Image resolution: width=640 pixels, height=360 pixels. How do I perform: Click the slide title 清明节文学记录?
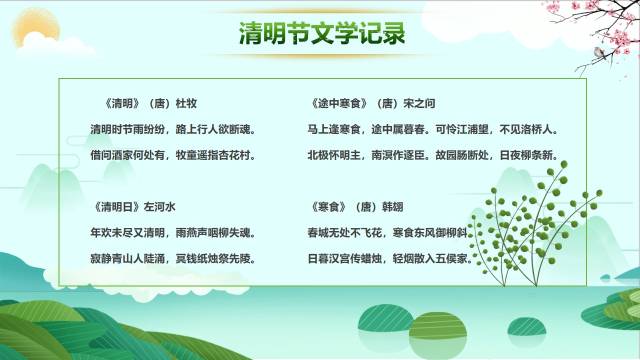(x=322, y=33)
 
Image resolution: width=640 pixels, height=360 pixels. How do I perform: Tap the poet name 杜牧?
(x=186, y=103)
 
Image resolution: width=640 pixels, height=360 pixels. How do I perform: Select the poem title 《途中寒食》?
(x=338, y=103)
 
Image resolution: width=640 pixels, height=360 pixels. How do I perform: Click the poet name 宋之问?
(x=419, y=103)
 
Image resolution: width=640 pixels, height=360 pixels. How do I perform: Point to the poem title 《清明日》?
(x=117, y=207)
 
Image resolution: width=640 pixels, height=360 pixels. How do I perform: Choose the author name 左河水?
(x=159, y=207)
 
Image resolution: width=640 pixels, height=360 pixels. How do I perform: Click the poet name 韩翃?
(x=392, y=207)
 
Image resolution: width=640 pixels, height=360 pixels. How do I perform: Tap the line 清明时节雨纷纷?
(x=127, y=129)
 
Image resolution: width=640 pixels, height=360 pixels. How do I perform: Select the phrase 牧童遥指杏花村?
(x=213, y=155)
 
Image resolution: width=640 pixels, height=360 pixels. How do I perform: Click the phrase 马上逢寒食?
(x=334, y=129)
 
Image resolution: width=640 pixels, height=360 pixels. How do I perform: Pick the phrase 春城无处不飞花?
(x=344, y=233)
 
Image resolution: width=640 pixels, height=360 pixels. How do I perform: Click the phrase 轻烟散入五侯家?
(x=430, y=259)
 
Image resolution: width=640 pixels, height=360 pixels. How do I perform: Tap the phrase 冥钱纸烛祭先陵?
(x=213, y=259)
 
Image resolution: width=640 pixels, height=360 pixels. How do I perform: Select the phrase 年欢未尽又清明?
(x=127, y=233)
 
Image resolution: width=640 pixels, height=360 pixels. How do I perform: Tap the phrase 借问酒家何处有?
(x=127, y=155)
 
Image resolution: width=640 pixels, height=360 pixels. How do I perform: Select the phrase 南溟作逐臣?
(x=398, y=155)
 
